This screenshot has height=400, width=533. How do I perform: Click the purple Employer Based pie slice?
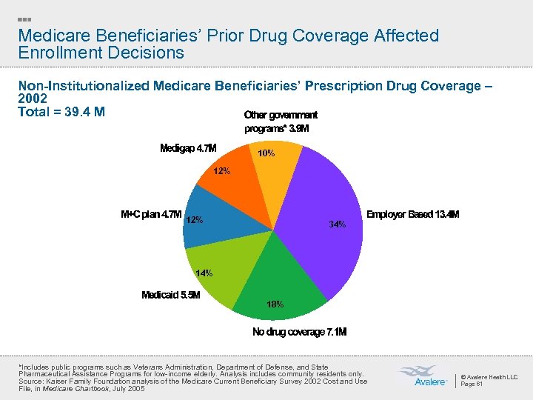(318, 200)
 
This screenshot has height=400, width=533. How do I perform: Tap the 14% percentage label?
(204, 273)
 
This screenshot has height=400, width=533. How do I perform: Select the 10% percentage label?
(266, 153)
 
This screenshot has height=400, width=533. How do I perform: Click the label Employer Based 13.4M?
(412, 215)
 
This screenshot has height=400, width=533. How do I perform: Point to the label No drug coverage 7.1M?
(299, 332)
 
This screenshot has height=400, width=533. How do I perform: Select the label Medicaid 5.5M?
(171, 295)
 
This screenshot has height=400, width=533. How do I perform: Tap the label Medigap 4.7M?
(188, 148)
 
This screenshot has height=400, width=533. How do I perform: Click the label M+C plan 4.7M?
(150, 215)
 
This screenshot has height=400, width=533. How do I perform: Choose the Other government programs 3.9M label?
(281, 121)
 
